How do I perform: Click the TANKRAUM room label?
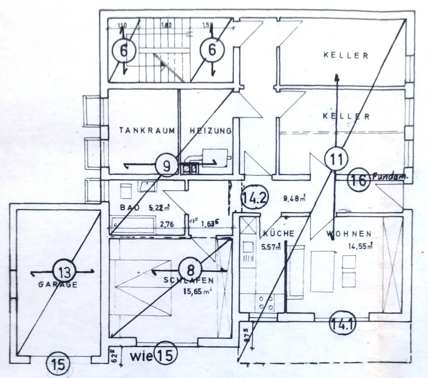[147, 130]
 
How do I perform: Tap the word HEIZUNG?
[211, 130]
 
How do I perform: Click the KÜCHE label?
[279, 234]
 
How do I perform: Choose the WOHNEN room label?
[348, 234]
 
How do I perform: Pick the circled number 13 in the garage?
[63, 271]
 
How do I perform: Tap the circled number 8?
[188, 270]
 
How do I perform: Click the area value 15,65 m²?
[196, 293]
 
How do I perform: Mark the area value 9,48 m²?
[294, 198]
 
